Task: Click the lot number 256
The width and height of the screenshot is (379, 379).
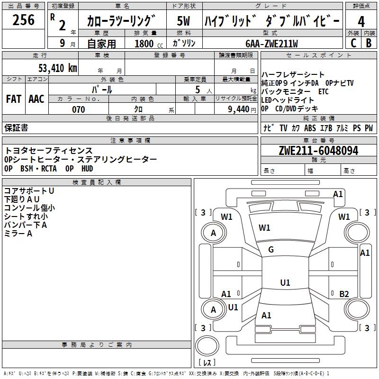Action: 23,20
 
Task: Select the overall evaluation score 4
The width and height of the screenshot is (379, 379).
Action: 361,21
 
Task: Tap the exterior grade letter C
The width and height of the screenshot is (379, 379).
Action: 352,43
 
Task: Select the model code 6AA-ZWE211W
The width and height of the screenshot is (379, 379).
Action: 271,44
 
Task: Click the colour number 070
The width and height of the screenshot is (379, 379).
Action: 78,109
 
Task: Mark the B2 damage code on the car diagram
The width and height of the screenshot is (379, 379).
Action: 344,294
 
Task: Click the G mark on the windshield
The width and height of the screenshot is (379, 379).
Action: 271,250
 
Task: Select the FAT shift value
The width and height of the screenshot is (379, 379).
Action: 13,99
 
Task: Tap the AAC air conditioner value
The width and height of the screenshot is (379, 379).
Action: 36,99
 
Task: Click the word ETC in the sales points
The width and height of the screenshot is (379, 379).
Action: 324,91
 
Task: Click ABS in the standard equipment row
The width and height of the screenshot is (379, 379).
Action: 310,128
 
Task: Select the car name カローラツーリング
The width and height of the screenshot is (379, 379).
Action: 121,21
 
